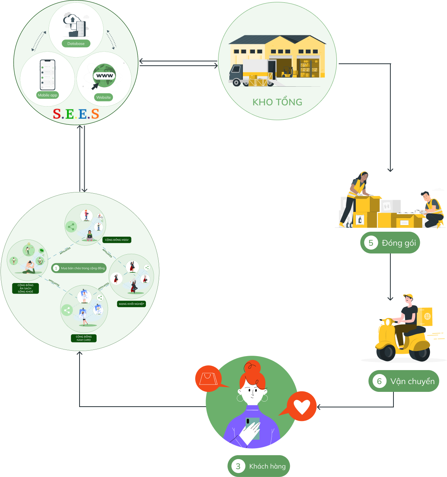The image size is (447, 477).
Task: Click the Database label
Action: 76,44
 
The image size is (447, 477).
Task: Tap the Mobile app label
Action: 47,95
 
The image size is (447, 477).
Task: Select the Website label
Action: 104,98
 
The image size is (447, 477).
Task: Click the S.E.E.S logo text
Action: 76,114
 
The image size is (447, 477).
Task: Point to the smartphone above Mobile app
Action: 48,75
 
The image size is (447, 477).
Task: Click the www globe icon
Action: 104,75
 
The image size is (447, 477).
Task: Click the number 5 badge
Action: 371,243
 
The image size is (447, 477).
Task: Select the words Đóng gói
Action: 398,243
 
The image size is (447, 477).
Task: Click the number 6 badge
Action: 379,381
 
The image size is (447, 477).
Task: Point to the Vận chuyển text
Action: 412,381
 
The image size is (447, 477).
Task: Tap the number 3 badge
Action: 238,466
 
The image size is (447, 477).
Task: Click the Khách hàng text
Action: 267,466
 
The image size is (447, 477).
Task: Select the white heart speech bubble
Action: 301,407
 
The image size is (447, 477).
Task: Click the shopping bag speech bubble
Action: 208,378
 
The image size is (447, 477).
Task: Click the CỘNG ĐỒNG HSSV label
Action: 117,240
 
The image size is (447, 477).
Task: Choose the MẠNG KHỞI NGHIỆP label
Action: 131,304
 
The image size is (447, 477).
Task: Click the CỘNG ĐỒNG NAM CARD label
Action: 83,338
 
